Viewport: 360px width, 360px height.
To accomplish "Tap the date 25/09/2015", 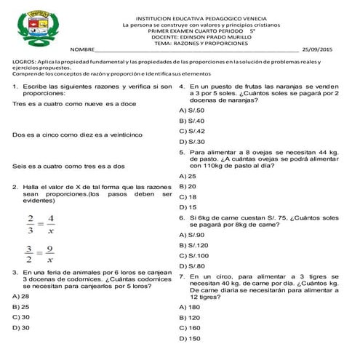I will (x=316, y=50).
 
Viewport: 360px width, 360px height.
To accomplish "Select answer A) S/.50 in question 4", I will (x=191, y=110).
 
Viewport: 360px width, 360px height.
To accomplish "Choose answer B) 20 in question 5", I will (x=188, y=186).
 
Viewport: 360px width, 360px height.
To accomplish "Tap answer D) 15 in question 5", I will (x=188, y=207).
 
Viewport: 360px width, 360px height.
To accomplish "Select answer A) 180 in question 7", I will (x=189, y=307).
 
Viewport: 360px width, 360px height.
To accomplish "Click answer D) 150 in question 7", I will (x=189, y=338).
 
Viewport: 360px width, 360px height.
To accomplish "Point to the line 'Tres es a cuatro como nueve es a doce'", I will (x=75, y=104).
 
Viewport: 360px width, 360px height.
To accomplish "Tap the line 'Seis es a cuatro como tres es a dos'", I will (x=68, y=167).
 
